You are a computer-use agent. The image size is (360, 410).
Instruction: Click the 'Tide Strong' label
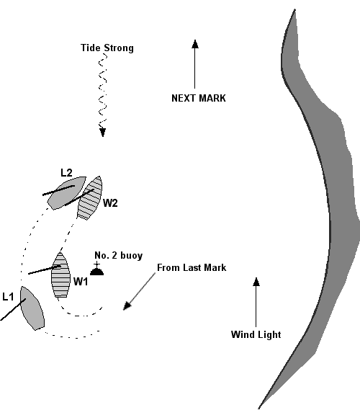pos(107,48)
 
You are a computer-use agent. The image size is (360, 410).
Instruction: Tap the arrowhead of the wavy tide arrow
pos(103,132)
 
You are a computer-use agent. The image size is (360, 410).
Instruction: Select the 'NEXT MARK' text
pos(198,98)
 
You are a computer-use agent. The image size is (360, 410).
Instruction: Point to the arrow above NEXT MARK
pos(194,65)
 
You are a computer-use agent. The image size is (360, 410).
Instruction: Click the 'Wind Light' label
pos(255,334)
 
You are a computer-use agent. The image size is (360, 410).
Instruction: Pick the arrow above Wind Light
pos(256,303)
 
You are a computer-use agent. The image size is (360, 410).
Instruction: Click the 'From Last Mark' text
pos(192,268)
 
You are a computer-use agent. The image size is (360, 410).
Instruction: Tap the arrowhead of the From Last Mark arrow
pos(125,308)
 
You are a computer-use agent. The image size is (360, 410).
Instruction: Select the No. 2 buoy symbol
pos(96,271)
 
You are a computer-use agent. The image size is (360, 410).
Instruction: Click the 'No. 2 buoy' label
pos(118,256)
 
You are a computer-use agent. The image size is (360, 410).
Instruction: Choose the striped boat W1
pos(60,275)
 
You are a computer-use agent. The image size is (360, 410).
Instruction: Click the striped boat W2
pos(90,198)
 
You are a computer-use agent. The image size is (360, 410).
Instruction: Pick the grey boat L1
pos(32,308)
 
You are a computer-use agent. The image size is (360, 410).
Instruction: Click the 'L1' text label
pos(9,296)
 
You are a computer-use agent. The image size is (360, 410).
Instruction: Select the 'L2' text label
pos(66,172)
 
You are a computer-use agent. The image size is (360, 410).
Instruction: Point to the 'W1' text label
pos(81,282)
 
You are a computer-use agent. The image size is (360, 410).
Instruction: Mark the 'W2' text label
pos(109,203)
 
